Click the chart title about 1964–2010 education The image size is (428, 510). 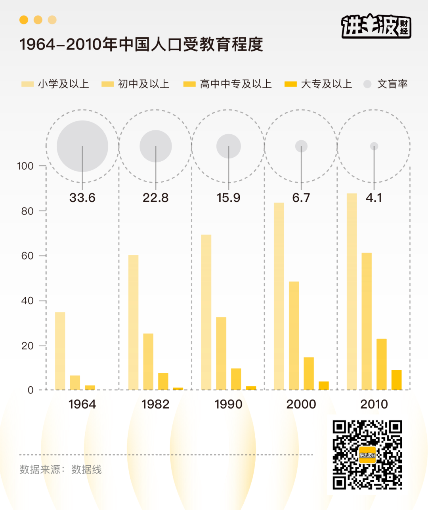(141, 44)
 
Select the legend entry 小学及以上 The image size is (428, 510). (55, 84)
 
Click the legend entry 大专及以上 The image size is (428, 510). (318, 84)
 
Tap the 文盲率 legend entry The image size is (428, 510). (386, 84)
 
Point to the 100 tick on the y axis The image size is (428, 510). (25, 166)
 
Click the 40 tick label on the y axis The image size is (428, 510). (27, 301)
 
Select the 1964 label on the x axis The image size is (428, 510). (82, 404)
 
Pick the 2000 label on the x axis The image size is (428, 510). (301, 404)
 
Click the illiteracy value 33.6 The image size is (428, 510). (82, 197)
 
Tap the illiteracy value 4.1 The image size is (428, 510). (374, 197)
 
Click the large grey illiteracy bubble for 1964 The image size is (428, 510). (82, 146)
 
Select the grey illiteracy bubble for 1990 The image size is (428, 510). (229, 146)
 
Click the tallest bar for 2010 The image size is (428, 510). (352, 291)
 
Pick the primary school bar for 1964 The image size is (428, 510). (60, 351)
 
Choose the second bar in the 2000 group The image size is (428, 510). (294, 335)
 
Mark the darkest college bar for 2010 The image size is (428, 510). (396, 380)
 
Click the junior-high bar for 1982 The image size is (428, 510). (148, 361)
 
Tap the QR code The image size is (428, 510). (367, 455)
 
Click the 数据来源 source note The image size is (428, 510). (61, 470)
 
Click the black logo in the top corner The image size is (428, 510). (376, 27)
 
